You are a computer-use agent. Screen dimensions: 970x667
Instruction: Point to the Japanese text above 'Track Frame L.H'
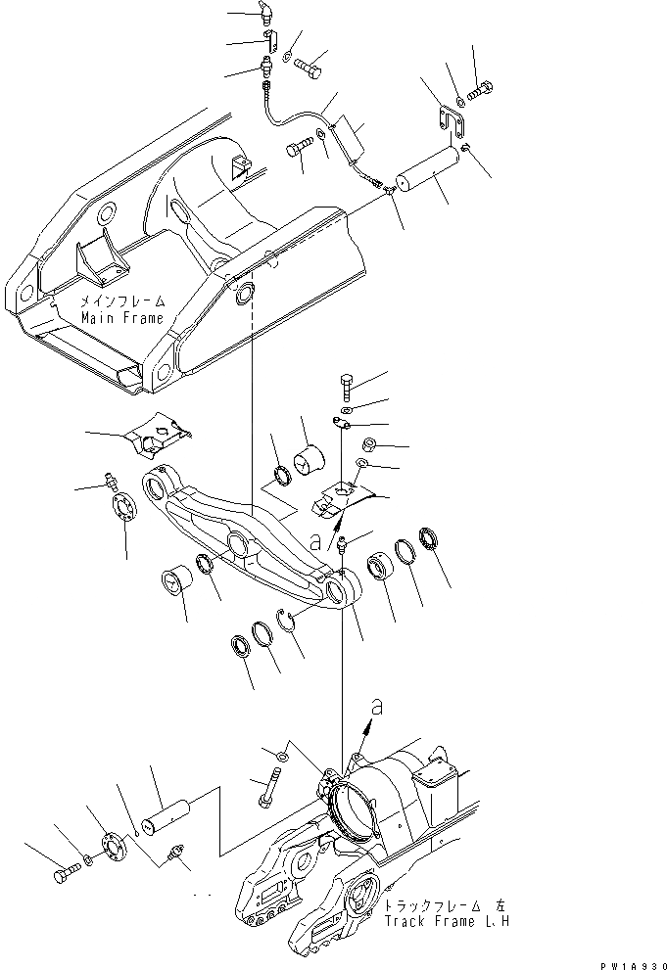(443, 906)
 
